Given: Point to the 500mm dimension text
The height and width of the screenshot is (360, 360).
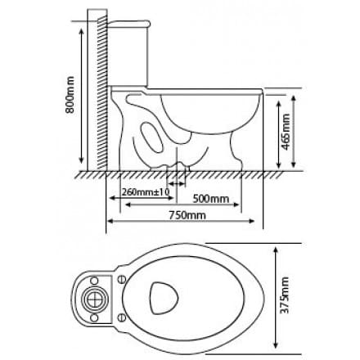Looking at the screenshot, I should [x=210, y=199].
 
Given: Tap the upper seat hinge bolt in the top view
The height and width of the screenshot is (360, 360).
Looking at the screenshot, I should [x=123, y=278].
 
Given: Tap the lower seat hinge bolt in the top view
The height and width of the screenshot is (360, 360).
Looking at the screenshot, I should [x=123, y=316].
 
